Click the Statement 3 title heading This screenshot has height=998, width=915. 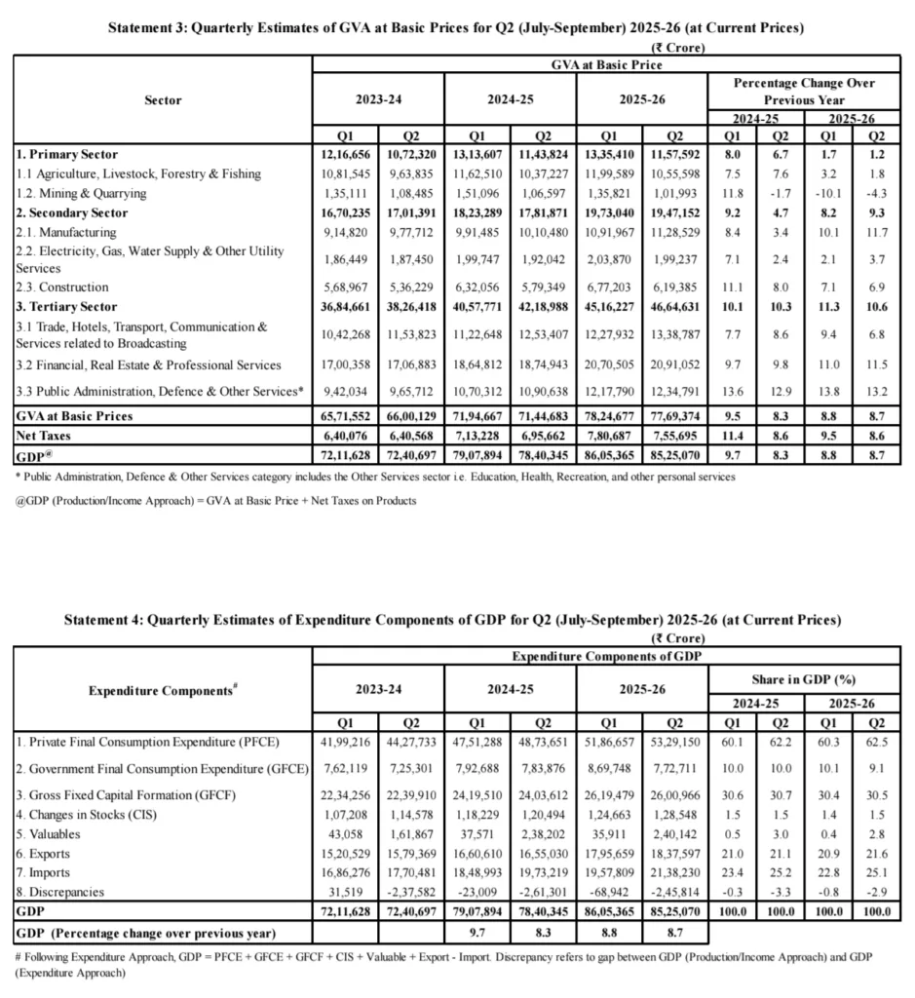(456, 28)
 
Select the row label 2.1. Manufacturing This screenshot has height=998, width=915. (66, 232)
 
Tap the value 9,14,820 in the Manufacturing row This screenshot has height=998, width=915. (345, 232)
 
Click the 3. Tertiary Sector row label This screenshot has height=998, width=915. (65, 307)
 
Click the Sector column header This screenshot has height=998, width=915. (162, 99)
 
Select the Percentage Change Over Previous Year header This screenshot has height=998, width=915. (804, 91)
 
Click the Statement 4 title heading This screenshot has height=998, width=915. (456, 619)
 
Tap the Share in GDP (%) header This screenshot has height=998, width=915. (804, 677)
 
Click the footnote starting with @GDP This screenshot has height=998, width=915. (215, 500)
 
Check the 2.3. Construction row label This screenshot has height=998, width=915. (62, 288)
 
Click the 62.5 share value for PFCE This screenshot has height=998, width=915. (873, 741)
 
